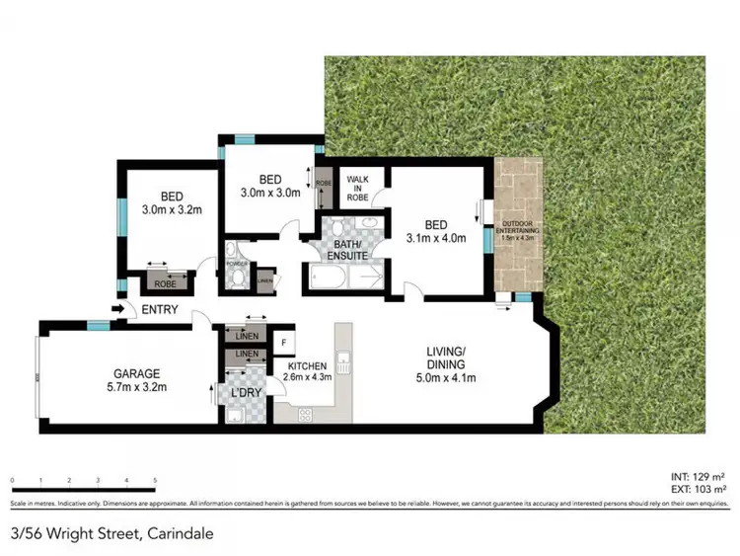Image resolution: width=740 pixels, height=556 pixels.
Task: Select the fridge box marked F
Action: [284, 343]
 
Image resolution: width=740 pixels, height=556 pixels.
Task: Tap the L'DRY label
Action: [244, 393]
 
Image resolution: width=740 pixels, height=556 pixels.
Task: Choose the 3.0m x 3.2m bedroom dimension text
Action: [171, 209]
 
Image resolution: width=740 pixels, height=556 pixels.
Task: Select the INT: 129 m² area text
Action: [702, 477]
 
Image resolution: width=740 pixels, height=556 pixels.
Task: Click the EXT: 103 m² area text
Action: [702, 489]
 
